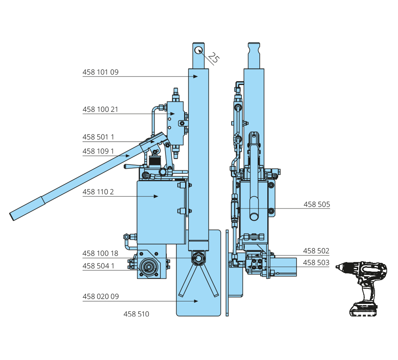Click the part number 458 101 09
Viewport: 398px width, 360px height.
pyautogui.click(x=101, y=72)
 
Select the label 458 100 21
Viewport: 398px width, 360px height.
pyautogui.click(x=100, y=110)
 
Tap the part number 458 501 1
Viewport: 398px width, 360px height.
pyautogui.click(x=98, y=137)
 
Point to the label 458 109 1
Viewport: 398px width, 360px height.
pyautogui.click(x=98, y=152)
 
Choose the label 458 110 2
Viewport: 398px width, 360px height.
pyautogui.click(x=98, y=192)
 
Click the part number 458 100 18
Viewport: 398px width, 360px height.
pyautogui.click(x=100, y=253)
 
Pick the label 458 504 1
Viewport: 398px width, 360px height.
pyautogui.click(x=98, y=266)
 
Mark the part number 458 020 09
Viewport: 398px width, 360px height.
pyautogui.click(x=101, y=296)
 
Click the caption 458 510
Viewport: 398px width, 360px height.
pyautogui.click(x=136, y=314)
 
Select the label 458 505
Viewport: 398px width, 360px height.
pyautogui.click(x=317, y=204)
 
